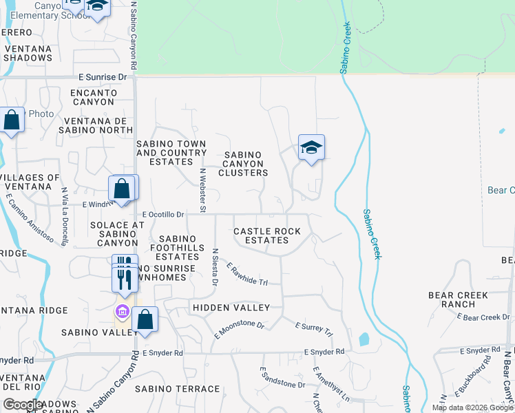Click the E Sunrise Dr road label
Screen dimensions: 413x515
103,77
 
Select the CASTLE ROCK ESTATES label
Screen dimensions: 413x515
267,235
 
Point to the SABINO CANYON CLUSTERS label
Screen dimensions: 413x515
243,164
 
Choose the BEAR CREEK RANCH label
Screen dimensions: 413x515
458,299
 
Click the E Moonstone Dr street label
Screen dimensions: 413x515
240,328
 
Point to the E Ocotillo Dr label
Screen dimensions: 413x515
162,215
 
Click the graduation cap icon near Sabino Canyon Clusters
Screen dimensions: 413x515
311,147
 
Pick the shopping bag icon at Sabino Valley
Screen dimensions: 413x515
145,319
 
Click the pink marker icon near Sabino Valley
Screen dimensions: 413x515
123,313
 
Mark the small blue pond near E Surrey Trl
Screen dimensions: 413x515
364,339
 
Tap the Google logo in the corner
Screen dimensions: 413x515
23,404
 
